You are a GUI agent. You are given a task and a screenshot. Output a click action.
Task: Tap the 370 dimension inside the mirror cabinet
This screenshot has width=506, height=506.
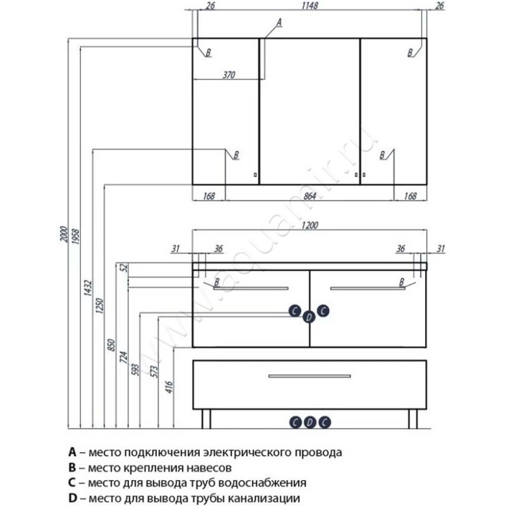tap(228, 75)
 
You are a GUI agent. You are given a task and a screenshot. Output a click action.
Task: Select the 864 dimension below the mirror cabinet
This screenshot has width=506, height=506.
tap(310, 196)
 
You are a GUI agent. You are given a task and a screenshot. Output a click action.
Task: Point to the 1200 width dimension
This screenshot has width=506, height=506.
tap(310, 226)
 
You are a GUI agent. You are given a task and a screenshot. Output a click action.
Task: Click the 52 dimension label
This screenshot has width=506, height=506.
tap(124, 268)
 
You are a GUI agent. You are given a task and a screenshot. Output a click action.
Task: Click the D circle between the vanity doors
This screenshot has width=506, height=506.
tap(309, 317)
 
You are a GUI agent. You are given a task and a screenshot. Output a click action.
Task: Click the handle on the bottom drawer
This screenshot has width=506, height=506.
tap(309, 376)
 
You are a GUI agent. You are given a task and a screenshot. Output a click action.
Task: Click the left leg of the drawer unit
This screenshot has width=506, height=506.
tap(206, 417)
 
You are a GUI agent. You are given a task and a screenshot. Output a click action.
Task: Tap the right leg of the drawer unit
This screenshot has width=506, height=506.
tap(412, 417)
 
